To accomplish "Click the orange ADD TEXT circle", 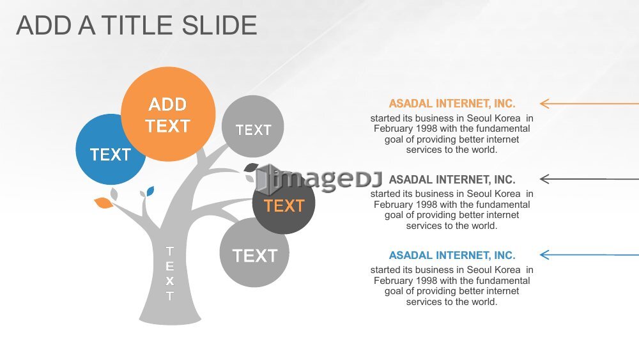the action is click(x=168, y=114).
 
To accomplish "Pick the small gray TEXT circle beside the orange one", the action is click(x=252, y=127).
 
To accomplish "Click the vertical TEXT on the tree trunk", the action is click(x=170, y=274).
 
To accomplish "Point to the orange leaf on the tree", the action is click(x=104, y=203).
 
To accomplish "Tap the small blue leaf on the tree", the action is click(x=150, y=191).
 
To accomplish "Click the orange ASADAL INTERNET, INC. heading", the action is click(x=452, y=104).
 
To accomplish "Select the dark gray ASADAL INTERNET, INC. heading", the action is click(x=452, y=180).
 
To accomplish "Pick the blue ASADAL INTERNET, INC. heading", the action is click(x=452, y=255).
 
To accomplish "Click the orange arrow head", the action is click(x=544, y=104).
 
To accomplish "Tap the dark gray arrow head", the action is click(x=544, y=178).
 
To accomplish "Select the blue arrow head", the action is click(x=544, y=254).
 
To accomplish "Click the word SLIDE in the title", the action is click(x=219, y=26).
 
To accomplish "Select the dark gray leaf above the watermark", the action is click(x=251, y=167).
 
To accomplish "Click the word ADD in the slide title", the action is click(x=44, y=26).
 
